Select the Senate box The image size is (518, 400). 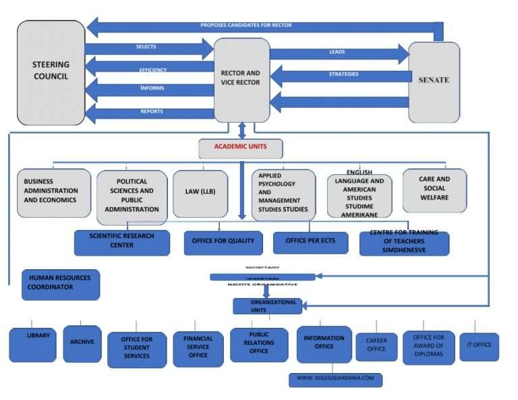point(434,80)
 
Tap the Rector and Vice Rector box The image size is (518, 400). point(241,79)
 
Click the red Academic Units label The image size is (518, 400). point(240,148)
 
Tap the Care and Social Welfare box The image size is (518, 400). point(435,188)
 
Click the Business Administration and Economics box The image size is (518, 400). point(53,192)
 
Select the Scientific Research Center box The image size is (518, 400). point(121,241)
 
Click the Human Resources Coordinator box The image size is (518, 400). point(60,284)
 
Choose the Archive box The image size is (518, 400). point(82,343)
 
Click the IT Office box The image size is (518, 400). point(479,346)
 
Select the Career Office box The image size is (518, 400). point(376,345)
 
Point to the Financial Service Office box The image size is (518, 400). point(198,347)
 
